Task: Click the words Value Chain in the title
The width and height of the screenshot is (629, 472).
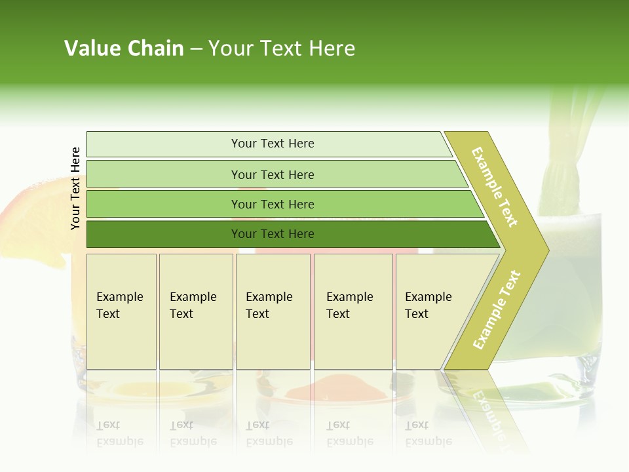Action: click(x=124, y=49)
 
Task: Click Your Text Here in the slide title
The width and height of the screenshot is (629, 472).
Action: click(x=282, y=49)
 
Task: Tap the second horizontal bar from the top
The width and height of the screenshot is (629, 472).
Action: click(x=272, y=174)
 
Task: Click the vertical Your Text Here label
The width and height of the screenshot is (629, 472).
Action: click(x=75, y=188)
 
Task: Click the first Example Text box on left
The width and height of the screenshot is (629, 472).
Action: click(x=121, y=311)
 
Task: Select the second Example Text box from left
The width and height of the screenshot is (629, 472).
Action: click(x=196, y=311)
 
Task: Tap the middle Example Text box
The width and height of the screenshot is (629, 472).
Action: click(x=273, y=311)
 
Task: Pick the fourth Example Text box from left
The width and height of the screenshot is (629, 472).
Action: click(x=353, y=311)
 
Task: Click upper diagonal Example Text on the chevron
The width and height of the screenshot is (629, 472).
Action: click(x=495, y=187)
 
